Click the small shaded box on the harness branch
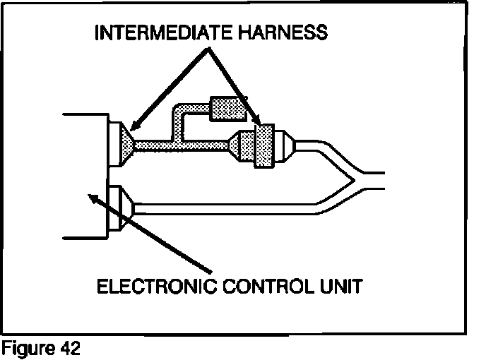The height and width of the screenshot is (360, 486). (227, 109)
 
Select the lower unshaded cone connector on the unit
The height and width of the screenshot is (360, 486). (124, 207)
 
